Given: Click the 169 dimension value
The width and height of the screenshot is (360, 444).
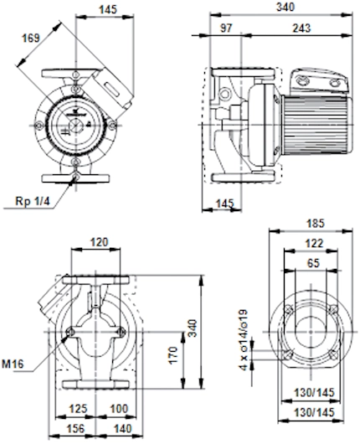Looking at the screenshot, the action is point(31,39).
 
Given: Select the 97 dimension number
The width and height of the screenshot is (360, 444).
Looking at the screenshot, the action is point(226,28).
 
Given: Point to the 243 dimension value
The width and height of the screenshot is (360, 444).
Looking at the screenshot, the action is point(301,28).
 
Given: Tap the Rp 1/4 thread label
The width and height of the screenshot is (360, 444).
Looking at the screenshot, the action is point(33,201).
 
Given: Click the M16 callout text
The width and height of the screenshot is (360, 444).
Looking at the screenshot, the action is point(13,364).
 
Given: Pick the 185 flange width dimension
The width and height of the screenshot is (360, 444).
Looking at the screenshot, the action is point(316,224).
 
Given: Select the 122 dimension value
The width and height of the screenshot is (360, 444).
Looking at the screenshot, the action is point(315,243).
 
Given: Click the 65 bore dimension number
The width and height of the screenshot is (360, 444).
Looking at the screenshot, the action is point(313,263).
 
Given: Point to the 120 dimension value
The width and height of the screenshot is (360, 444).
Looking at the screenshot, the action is point(100,242).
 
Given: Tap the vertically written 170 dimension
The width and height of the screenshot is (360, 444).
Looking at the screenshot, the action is point(173,355).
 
